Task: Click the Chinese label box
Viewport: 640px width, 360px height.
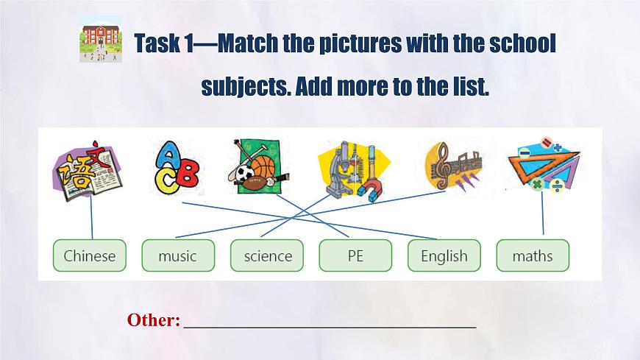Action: (90, 255)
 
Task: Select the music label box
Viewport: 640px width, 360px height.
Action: (178, 255)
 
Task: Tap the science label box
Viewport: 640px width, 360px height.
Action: (268, 255)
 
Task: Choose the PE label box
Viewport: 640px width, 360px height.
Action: (355, 255)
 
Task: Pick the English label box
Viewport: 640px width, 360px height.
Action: (444, 255)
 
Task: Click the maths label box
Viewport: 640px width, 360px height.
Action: (533, 255)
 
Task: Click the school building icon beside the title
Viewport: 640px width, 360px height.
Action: (100, 43)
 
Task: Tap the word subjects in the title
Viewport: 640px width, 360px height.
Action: (240, 87)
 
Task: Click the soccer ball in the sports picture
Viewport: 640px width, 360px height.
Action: (246, 173)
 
